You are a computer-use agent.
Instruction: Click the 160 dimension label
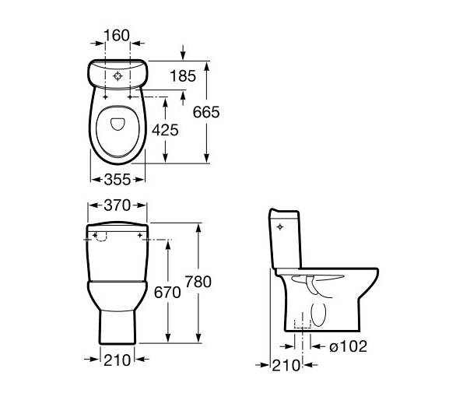(117, 36)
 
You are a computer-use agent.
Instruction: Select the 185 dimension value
(183, 76)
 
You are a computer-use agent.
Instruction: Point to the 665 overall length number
(206, 112)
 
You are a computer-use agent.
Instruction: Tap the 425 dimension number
(165, 130)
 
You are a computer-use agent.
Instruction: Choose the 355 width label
(118, 180)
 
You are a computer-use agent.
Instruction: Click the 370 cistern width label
(118, 205)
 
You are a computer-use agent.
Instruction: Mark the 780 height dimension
(198, 282)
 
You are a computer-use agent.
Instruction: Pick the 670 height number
(167, 293)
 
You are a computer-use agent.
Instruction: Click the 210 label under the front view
(118, 360)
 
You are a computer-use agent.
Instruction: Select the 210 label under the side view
(286, 366)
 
